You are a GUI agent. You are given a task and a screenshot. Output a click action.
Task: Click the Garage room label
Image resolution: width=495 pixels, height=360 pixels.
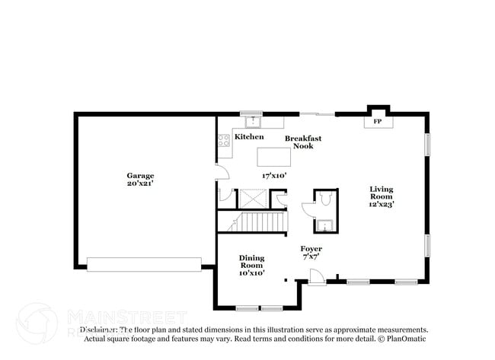pos(140,175)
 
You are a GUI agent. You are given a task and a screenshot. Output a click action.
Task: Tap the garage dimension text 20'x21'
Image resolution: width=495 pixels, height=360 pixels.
pos(140,185)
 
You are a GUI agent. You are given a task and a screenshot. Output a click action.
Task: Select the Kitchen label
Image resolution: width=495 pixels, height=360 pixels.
pos(249,137)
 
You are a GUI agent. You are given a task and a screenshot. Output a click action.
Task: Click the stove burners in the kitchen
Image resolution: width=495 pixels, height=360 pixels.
pos(224,140)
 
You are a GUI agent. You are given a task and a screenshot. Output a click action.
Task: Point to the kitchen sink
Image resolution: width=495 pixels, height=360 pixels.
pos(251,120)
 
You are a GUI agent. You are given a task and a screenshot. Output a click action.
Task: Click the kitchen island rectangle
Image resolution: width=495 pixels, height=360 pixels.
pos(274,156)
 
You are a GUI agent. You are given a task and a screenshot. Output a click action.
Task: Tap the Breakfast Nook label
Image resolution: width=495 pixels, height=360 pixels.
pos(303,142)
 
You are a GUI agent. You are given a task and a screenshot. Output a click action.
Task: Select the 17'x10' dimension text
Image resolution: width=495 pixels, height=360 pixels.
pos(273,174)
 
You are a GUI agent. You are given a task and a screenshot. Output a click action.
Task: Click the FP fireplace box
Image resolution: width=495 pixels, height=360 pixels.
pos(376,121)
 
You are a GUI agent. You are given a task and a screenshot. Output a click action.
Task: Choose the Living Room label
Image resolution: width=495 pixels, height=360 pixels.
pos(382,193)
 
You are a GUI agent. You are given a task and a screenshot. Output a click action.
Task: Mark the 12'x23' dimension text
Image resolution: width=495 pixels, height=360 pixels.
pos(382,203)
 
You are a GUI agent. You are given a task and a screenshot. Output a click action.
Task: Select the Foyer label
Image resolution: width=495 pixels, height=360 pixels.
pos(311,249)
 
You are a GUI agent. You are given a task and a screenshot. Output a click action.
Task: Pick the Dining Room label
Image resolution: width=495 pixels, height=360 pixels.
pos(252,263)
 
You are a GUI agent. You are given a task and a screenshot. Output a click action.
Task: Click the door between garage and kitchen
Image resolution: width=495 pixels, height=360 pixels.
pos(222,171)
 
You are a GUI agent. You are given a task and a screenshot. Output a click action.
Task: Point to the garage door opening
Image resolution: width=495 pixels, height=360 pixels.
pos(144,264)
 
